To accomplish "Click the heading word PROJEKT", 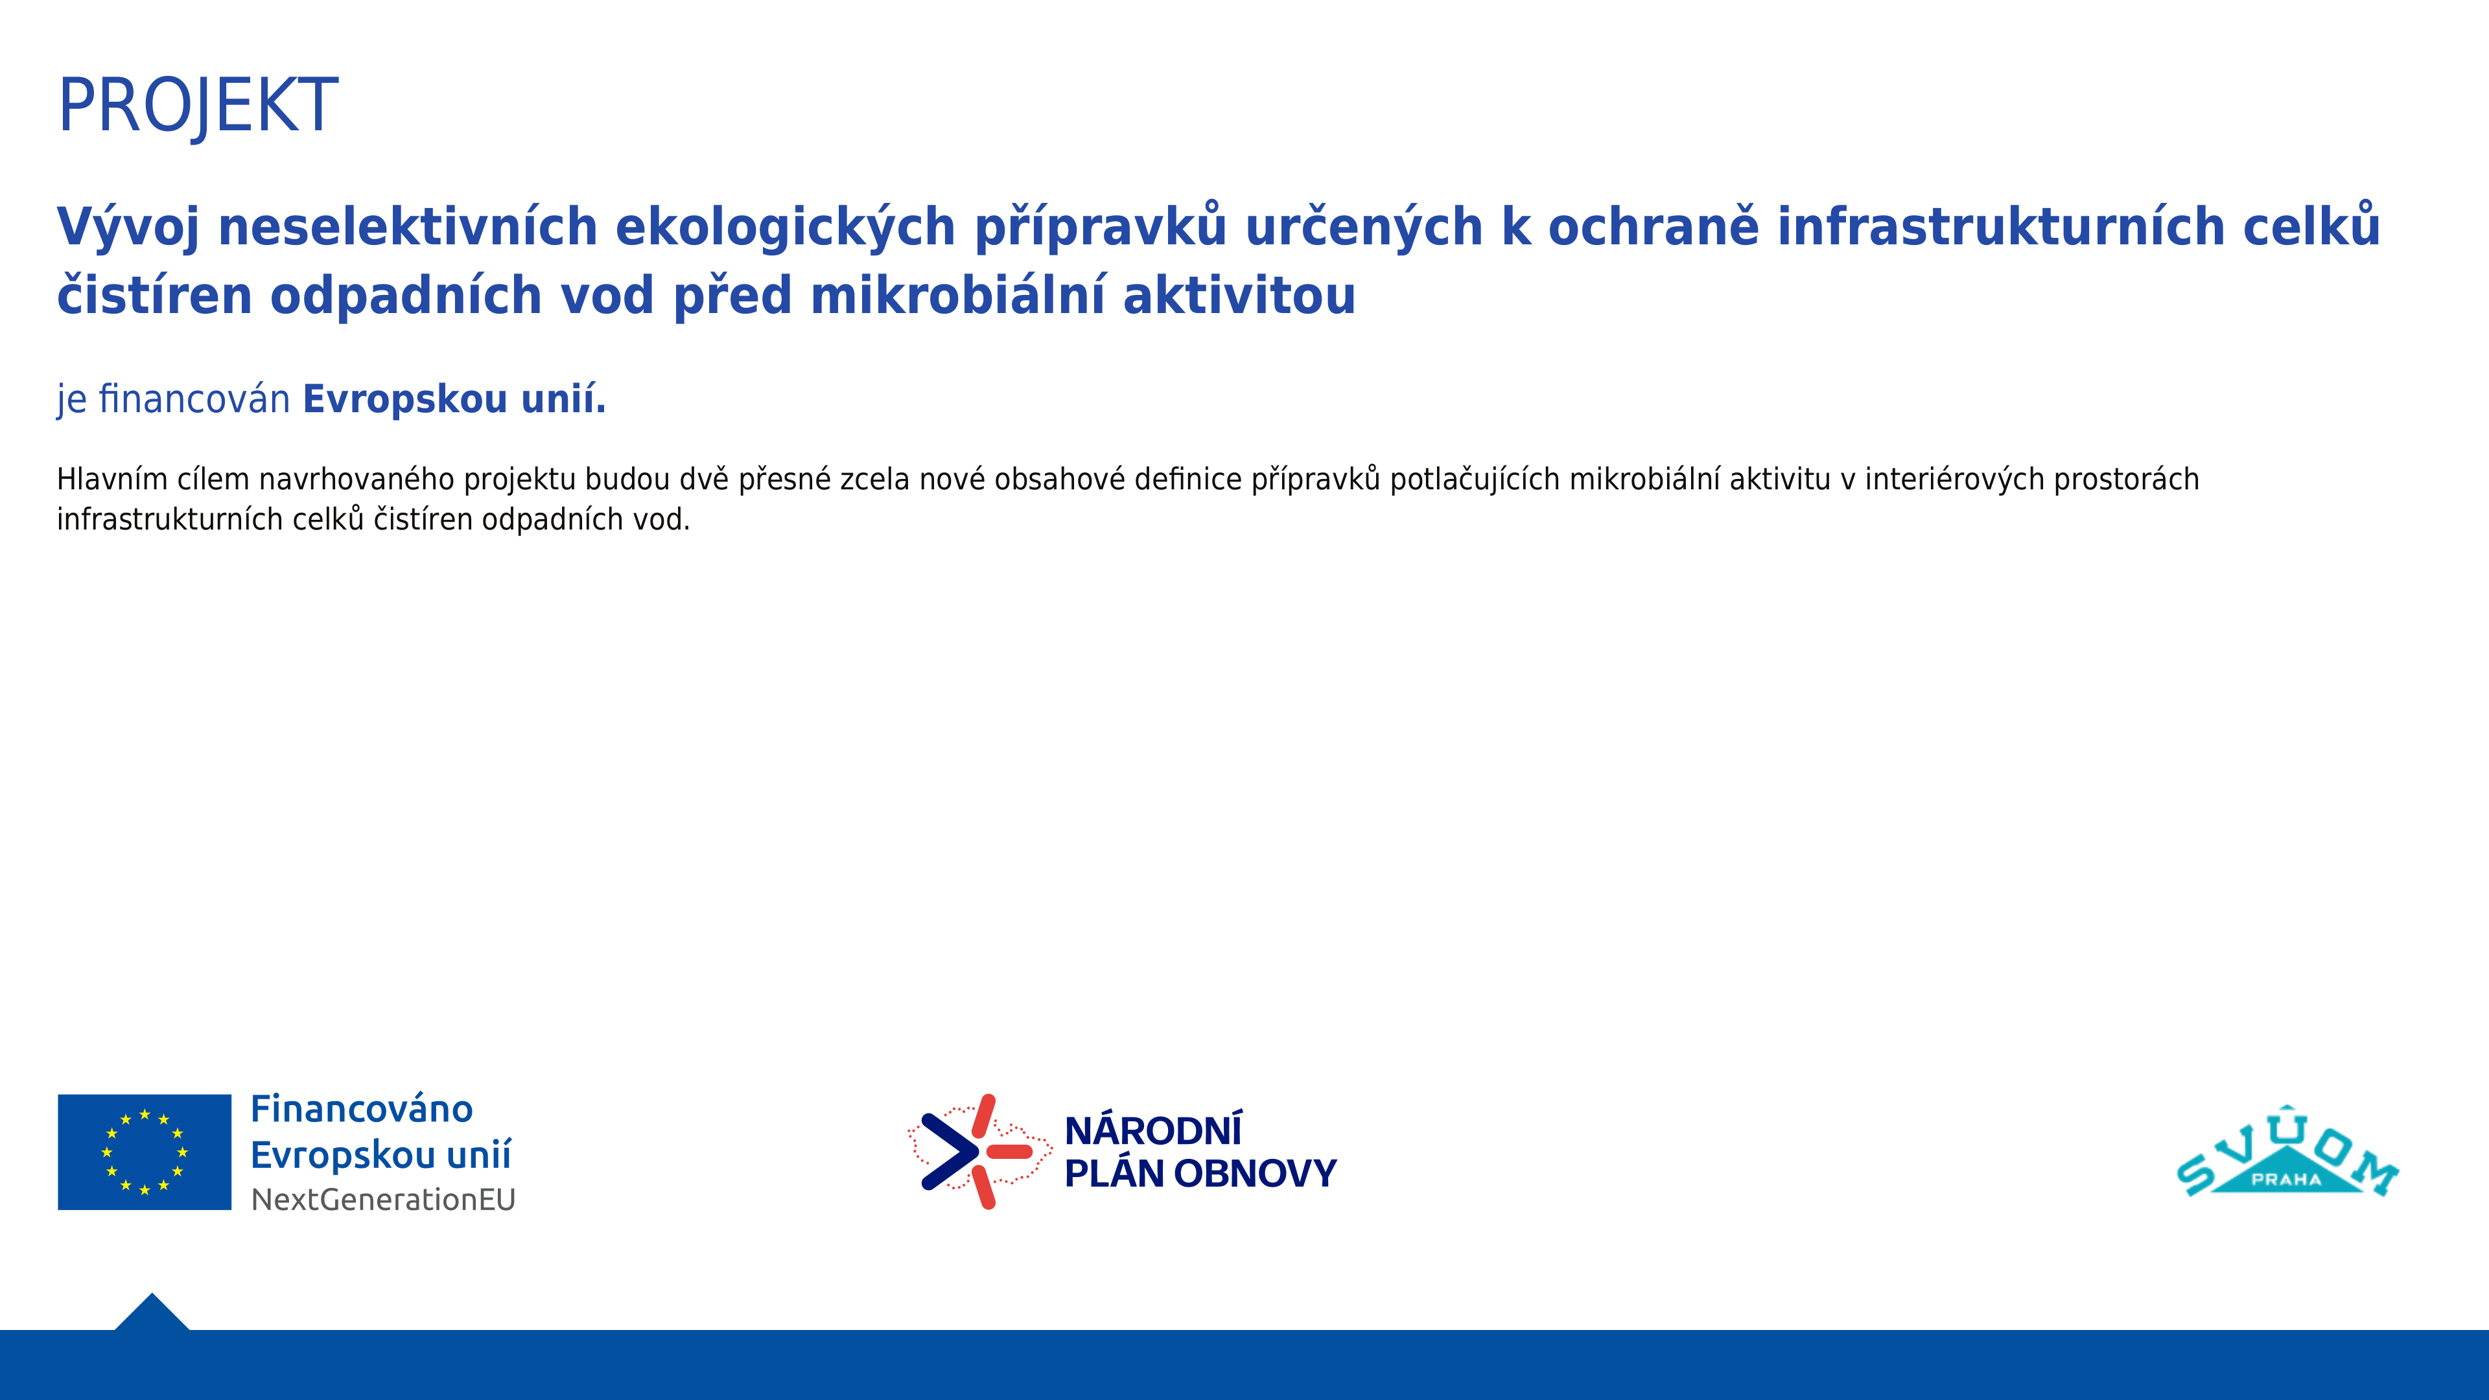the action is (x=198, y=105).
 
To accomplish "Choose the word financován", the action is (x=194, y=399).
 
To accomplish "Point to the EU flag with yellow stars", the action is (x=145, y=1152).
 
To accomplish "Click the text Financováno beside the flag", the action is (x=362, y=1109).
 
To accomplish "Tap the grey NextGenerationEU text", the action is (x=384, y=1200).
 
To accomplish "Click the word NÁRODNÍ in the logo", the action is (x=1152, y=1130).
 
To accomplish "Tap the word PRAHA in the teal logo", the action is (x=2286, y=1180).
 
